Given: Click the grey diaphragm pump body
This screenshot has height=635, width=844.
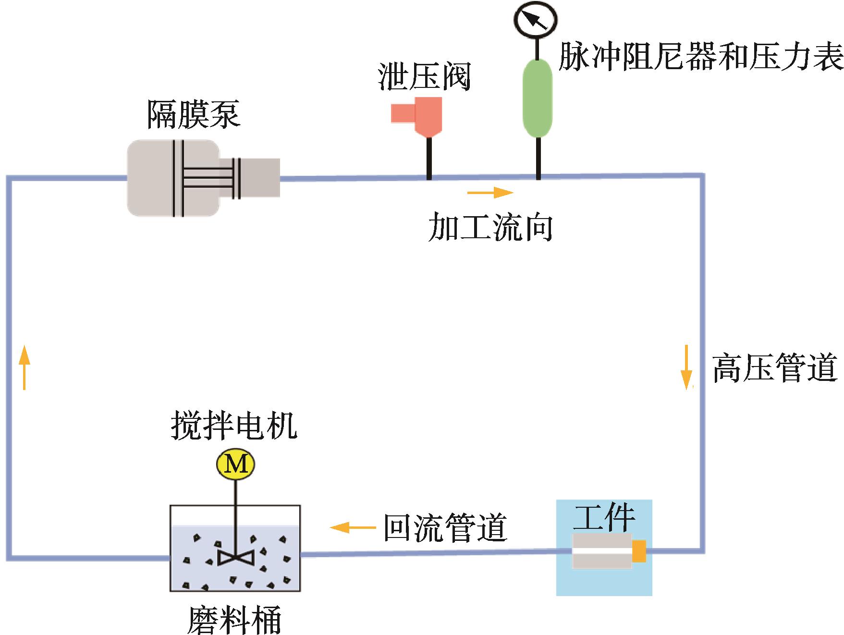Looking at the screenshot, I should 173,178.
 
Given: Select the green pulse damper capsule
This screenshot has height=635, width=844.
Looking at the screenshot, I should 538,98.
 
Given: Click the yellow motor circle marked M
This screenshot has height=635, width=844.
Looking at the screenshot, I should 235,464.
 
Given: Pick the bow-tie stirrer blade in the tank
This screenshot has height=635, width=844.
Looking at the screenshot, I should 236,557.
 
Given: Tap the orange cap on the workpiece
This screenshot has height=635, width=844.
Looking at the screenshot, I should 639,551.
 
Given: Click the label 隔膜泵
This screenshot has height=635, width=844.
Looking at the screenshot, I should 193,114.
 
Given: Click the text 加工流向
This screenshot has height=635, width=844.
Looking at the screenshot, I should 490,227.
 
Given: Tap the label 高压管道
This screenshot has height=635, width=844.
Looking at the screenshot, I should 774,368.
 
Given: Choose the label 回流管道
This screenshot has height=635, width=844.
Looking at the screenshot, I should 445,528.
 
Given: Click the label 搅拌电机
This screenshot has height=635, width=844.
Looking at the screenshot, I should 234,426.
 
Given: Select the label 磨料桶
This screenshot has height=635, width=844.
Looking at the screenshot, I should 234,620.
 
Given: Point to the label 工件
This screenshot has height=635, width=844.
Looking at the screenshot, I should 604,517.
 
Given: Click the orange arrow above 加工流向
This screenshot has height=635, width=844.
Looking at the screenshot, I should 490,193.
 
